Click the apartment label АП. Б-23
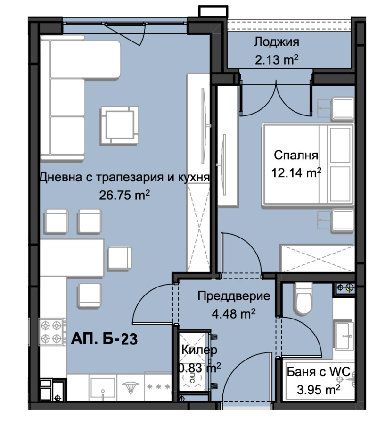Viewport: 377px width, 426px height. click(104, 339)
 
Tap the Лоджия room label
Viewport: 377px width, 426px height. click(277, 42)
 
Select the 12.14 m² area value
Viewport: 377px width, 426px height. click(296, 173)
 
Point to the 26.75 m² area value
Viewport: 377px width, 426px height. click(124, 194)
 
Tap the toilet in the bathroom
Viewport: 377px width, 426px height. click(302, 298)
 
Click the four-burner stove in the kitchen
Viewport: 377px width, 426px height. click(52, 332)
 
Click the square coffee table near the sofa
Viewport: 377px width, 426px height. click(119, 124)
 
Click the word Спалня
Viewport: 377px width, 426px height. click(296, 156)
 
